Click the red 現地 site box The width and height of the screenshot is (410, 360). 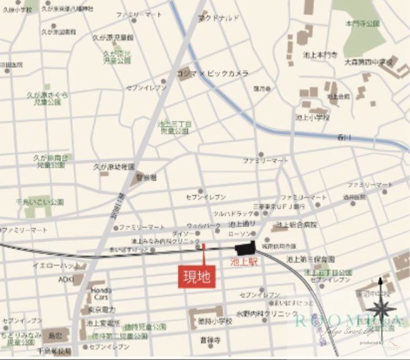point(196,277)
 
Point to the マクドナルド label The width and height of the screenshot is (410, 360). point(218,19)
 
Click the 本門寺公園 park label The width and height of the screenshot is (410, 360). point(364,23)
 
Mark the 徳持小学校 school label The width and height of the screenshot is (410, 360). point(216,321)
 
